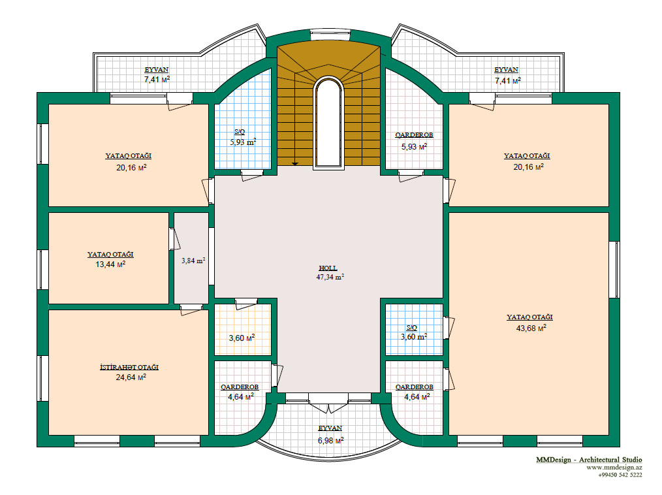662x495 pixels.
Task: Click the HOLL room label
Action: (328, 268)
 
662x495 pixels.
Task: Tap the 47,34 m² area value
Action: (330, 277)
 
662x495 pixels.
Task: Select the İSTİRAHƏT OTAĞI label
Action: (129, 367)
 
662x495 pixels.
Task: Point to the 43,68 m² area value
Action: (531, 328)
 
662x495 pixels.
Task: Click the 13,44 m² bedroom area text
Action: (110, 264)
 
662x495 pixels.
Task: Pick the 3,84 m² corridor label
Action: (193, 261)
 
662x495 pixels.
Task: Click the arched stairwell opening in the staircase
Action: (328, 123)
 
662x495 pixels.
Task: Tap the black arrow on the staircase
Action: (294, 164)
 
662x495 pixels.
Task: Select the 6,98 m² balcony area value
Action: (330, 441)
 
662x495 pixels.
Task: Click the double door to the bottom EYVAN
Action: (328, 403)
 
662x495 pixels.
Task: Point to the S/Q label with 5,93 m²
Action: (240, 132)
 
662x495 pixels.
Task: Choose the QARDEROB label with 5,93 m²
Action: (414, 135)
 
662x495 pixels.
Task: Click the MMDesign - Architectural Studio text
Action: (589, 460)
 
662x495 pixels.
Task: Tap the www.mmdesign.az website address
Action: (614, 468)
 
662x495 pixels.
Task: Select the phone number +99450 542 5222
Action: (620, 475)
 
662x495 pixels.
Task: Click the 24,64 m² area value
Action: (131, 377)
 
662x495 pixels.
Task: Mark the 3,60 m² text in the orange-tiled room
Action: (242, 338)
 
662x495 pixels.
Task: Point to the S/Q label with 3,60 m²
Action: (412, 327)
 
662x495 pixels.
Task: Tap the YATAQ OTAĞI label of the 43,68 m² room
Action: (530, 317)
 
